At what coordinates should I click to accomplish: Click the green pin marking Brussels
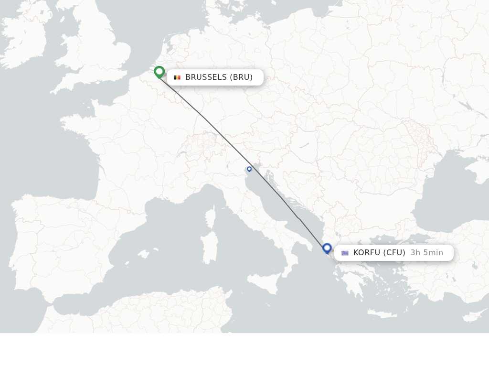[159, 72]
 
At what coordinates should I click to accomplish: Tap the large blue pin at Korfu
[327, 248]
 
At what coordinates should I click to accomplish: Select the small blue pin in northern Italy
[249, 169]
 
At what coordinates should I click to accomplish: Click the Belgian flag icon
[177, 77]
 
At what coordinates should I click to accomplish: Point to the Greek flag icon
[345, 253]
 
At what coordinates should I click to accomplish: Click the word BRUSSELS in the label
[206, 77]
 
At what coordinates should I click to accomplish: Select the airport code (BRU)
[241, 77]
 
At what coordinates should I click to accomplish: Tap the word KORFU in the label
[367, 253]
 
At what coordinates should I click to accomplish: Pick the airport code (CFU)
[394, 253]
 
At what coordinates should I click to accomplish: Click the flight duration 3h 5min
[427, 253]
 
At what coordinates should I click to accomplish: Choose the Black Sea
[449, 191]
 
